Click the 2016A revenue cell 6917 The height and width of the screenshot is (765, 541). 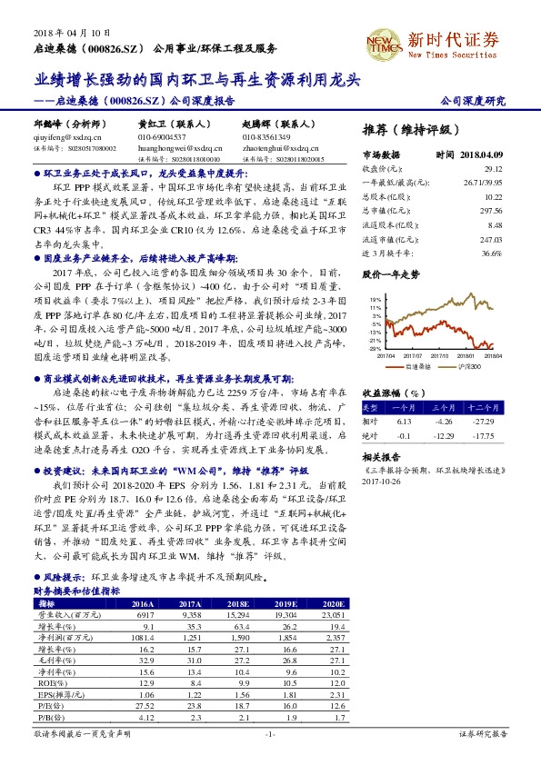point(143,615)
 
